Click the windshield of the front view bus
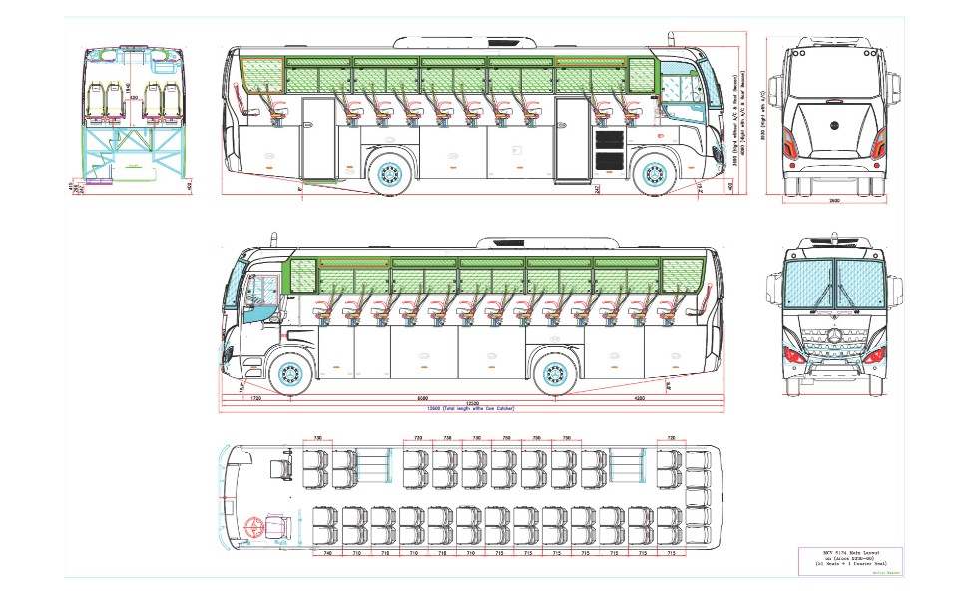pyautogui.click(x=833, y=287)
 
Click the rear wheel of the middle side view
pyautogui.click(x=552, y=374)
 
